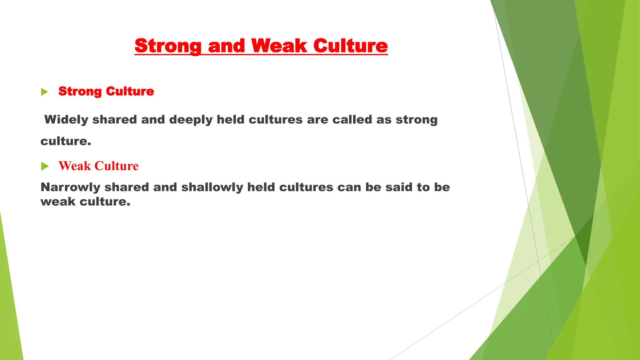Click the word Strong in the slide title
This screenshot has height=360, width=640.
(168, 46)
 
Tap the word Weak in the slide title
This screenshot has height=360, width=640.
(279, 46)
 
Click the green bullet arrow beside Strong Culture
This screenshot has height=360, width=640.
(45, 92)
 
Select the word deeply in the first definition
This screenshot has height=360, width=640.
(191, 120)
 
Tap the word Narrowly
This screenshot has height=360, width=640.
(70, 187)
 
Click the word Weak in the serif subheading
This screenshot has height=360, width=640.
(74, 166)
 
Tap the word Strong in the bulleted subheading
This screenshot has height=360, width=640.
(80, 92)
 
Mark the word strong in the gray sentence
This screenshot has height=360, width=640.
(417, 120)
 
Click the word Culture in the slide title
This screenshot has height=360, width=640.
(350, 46)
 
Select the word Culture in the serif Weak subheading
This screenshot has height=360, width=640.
(116, 166)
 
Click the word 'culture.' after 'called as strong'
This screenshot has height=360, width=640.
(66, 141)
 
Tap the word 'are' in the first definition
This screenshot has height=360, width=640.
(317, 120)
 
